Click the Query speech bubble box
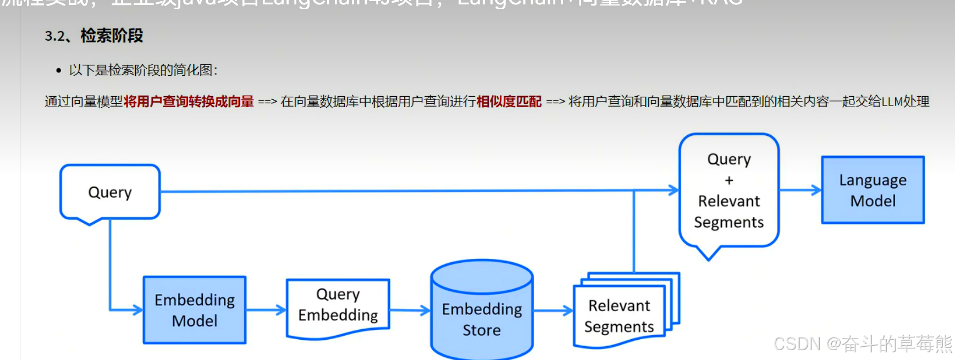110,192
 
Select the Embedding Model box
195,310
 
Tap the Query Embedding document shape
338,306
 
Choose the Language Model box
873,190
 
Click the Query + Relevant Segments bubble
728,190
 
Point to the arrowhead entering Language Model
816,190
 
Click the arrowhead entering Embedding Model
138,310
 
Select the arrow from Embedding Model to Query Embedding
266,310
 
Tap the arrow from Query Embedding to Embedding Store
410,311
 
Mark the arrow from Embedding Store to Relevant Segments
553,311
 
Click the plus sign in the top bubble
729,180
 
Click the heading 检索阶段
112,36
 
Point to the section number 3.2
55,36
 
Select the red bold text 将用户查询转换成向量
189,102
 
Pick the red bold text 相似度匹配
509,102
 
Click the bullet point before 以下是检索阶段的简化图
59,70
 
